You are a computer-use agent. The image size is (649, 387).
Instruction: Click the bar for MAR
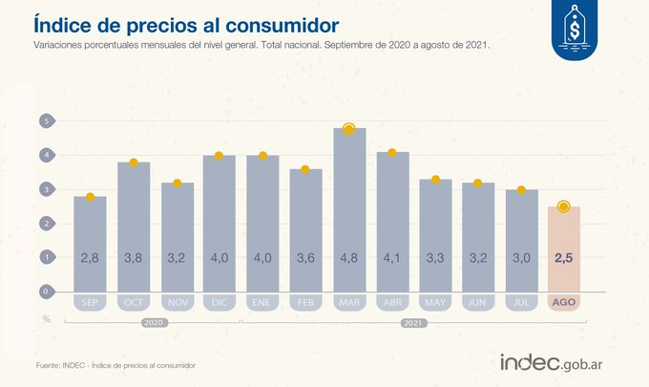point(349,210)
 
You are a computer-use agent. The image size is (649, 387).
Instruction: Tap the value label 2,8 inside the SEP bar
point(90,258)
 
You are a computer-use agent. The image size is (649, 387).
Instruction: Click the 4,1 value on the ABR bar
point(392,258)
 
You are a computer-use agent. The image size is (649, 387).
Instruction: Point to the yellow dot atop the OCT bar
point(134,162)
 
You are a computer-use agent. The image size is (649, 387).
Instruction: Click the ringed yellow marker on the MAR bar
point(349,129)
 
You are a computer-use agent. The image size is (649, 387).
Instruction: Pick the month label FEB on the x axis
point(306,302)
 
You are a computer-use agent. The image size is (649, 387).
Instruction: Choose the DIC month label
point(220,302)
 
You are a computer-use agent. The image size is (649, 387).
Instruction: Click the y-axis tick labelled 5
point(44,121)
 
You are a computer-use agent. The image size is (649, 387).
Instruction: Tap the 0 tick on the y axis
point(44,290)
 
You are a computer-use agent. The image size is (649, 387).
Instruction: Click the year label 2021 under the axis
point(412,323)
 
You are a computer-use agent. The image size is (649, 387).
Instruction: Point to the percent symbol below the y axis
point(45,317)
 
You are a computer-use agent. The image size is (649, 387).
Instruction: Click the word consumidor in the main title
point(278,21)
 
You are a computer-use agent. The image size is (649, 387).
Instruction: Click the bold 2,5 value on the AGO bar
point(563,258)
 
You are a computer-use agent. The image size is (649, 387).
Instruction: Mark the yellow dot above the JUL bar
point(521,190)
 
